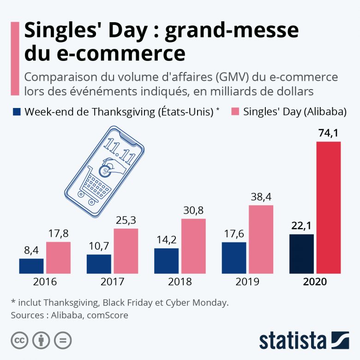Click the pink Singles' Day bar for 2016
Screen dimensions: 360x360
pyautogui.click(x=58, y=257)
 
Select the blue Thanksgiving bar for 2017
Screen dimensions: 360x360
pyautogui.click(x=99, y=264)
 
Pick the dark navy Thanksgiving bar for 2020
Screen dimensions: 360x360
pyautogui.click(x=301, y=253)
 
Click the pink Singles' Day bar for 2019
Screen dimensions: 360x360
pyautogui.click(x=261, y=239)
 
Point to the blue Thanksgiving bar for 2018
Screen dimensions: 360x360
pyautogui.click(x=166, y=260)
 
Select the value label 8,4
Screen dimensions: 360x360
pyautogui.click(x=31, y=251)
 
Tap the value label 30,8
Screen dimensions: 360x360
pyautogui.click(x=193, y=210)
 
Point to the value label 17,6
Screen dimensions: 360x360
pyautogui.click(x=234, y=234)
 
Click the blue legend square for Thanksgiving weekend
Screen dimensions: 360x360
pyautogui.click(x=17, y=111)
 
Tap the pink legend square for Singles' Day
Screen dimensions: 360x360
pyautogui.click(x=235, y=111)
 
